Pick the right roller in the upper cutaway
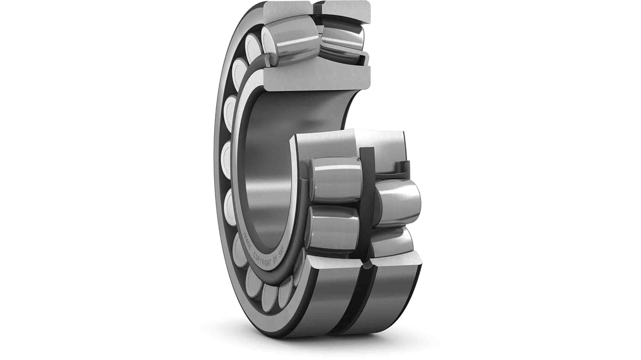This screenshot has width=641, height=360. point(342,39)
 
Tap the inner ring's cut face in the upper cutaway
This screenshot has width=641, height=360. point(316,78)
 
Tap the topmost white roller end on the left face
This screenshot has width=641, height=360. point(253,47)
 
